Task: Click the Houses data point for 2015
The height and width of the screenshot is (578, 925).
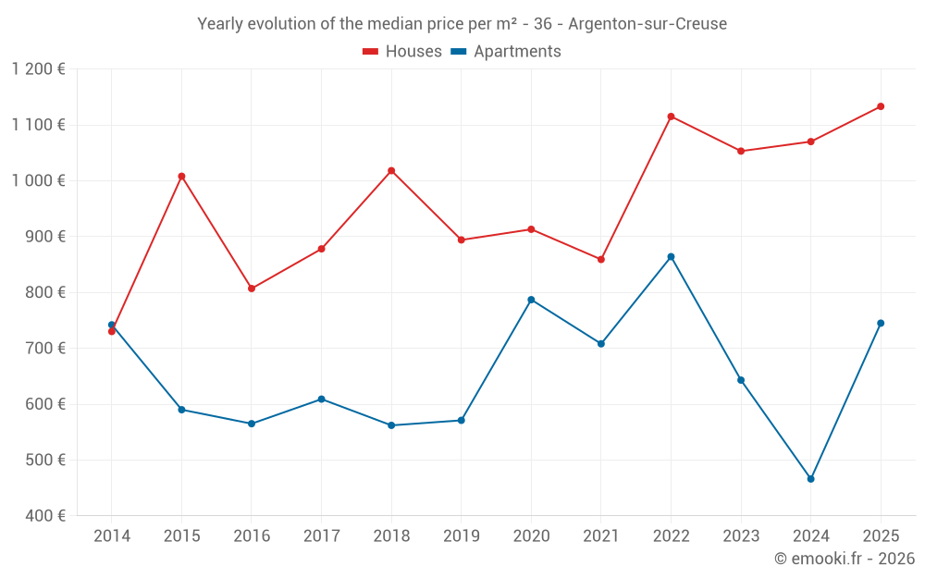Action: click(x=181, y=176)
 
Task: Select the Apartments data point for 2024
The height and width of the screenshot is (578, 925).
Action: click(x=810, y=479)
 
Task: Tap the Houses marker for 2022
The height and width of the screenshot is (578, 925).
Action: click(x=671, y=117)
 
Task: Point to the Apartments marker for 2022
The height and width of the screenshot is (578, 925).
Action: click(x=671, y=256)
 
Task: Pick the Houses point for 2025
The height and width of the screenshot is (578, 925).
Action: click(x=881, y=106)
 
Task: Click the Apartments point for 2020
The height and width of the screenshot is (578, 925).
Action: click(x=531, y=300)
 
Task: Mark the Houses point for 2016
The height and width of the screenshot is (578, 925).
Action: click(x=252, y=289)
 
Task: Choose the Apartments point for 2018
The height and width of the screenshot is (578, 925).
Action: click(x=391, y=425)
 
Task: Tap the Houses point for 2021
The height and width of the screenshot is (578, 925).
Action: click(x=601, y=259)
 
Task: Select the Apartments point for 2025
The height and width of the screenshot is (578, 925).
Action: click(x=881, y=323)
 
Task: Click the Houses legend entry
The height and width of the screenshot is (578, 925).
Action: click(x=402, y=52)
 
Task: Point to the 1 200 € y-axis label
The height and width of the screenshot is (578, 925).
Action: click(x=39, y=69)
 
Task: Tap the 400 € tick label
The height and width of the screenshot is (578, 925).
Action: click(x=44, y=516)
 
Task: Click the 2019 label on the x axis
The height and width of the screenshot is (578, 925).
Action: click(x=462, y=536)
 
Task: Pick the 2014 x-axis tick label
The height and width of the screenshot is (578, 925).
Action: click(x=112, y=536)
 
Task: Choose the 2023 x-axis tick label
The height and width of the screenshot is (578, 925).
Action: click(x=741, y=536)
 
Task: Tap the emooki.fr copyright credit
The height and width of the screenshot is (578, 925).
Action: click(x=844, y=559)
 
